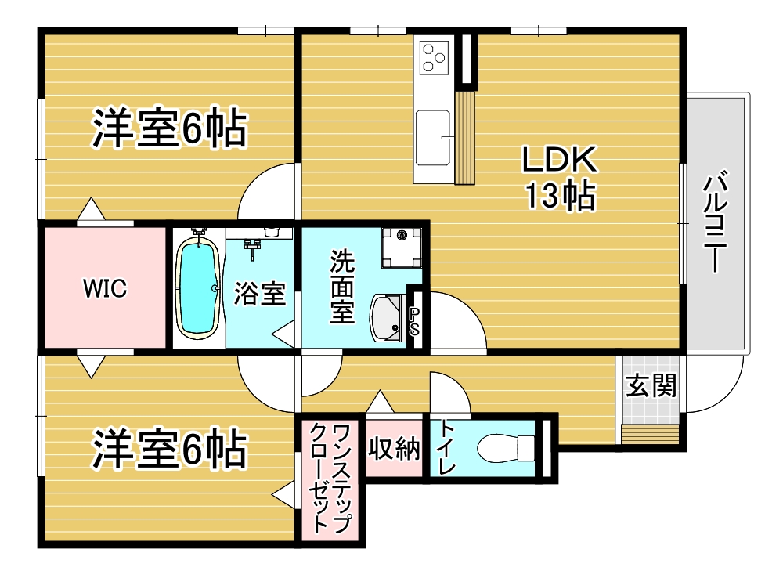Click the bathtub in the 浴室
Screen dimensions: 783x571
(x=198, y=288)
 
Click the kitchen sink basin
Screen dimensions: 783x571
(x=433, y=137)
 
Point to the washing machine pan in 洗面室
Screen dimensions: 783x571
(x=401, y=248)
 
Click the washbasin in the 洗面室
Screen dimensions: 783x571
(x=388, y=318)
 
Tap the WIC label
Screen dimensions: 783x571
(x=105, y=288)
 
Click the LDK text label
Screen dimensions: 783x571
(x=559, y=160)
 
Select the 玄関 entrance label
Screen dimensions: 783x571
(x=651, y=385)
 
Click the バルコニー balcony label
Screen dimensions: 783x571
(x=715, y=222)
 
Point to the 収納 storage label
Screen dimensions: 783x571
(x=394, y=448)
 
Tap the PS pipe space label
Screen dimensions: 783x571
(x=414, y=321)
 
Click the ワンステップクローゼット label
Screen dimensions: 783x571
(x=330, y=479)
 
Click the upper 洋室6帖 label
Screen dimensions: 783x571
(x=169, y=128)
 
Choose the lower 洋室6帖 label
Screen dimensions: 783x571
(x=169, y=449)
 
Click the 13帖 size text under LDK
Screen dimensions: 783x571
(x=560, y=195)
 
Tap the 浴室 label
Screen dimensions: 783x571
(x=260, y=293)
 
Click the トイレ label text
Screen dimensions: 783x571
(x=446, y=448)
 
